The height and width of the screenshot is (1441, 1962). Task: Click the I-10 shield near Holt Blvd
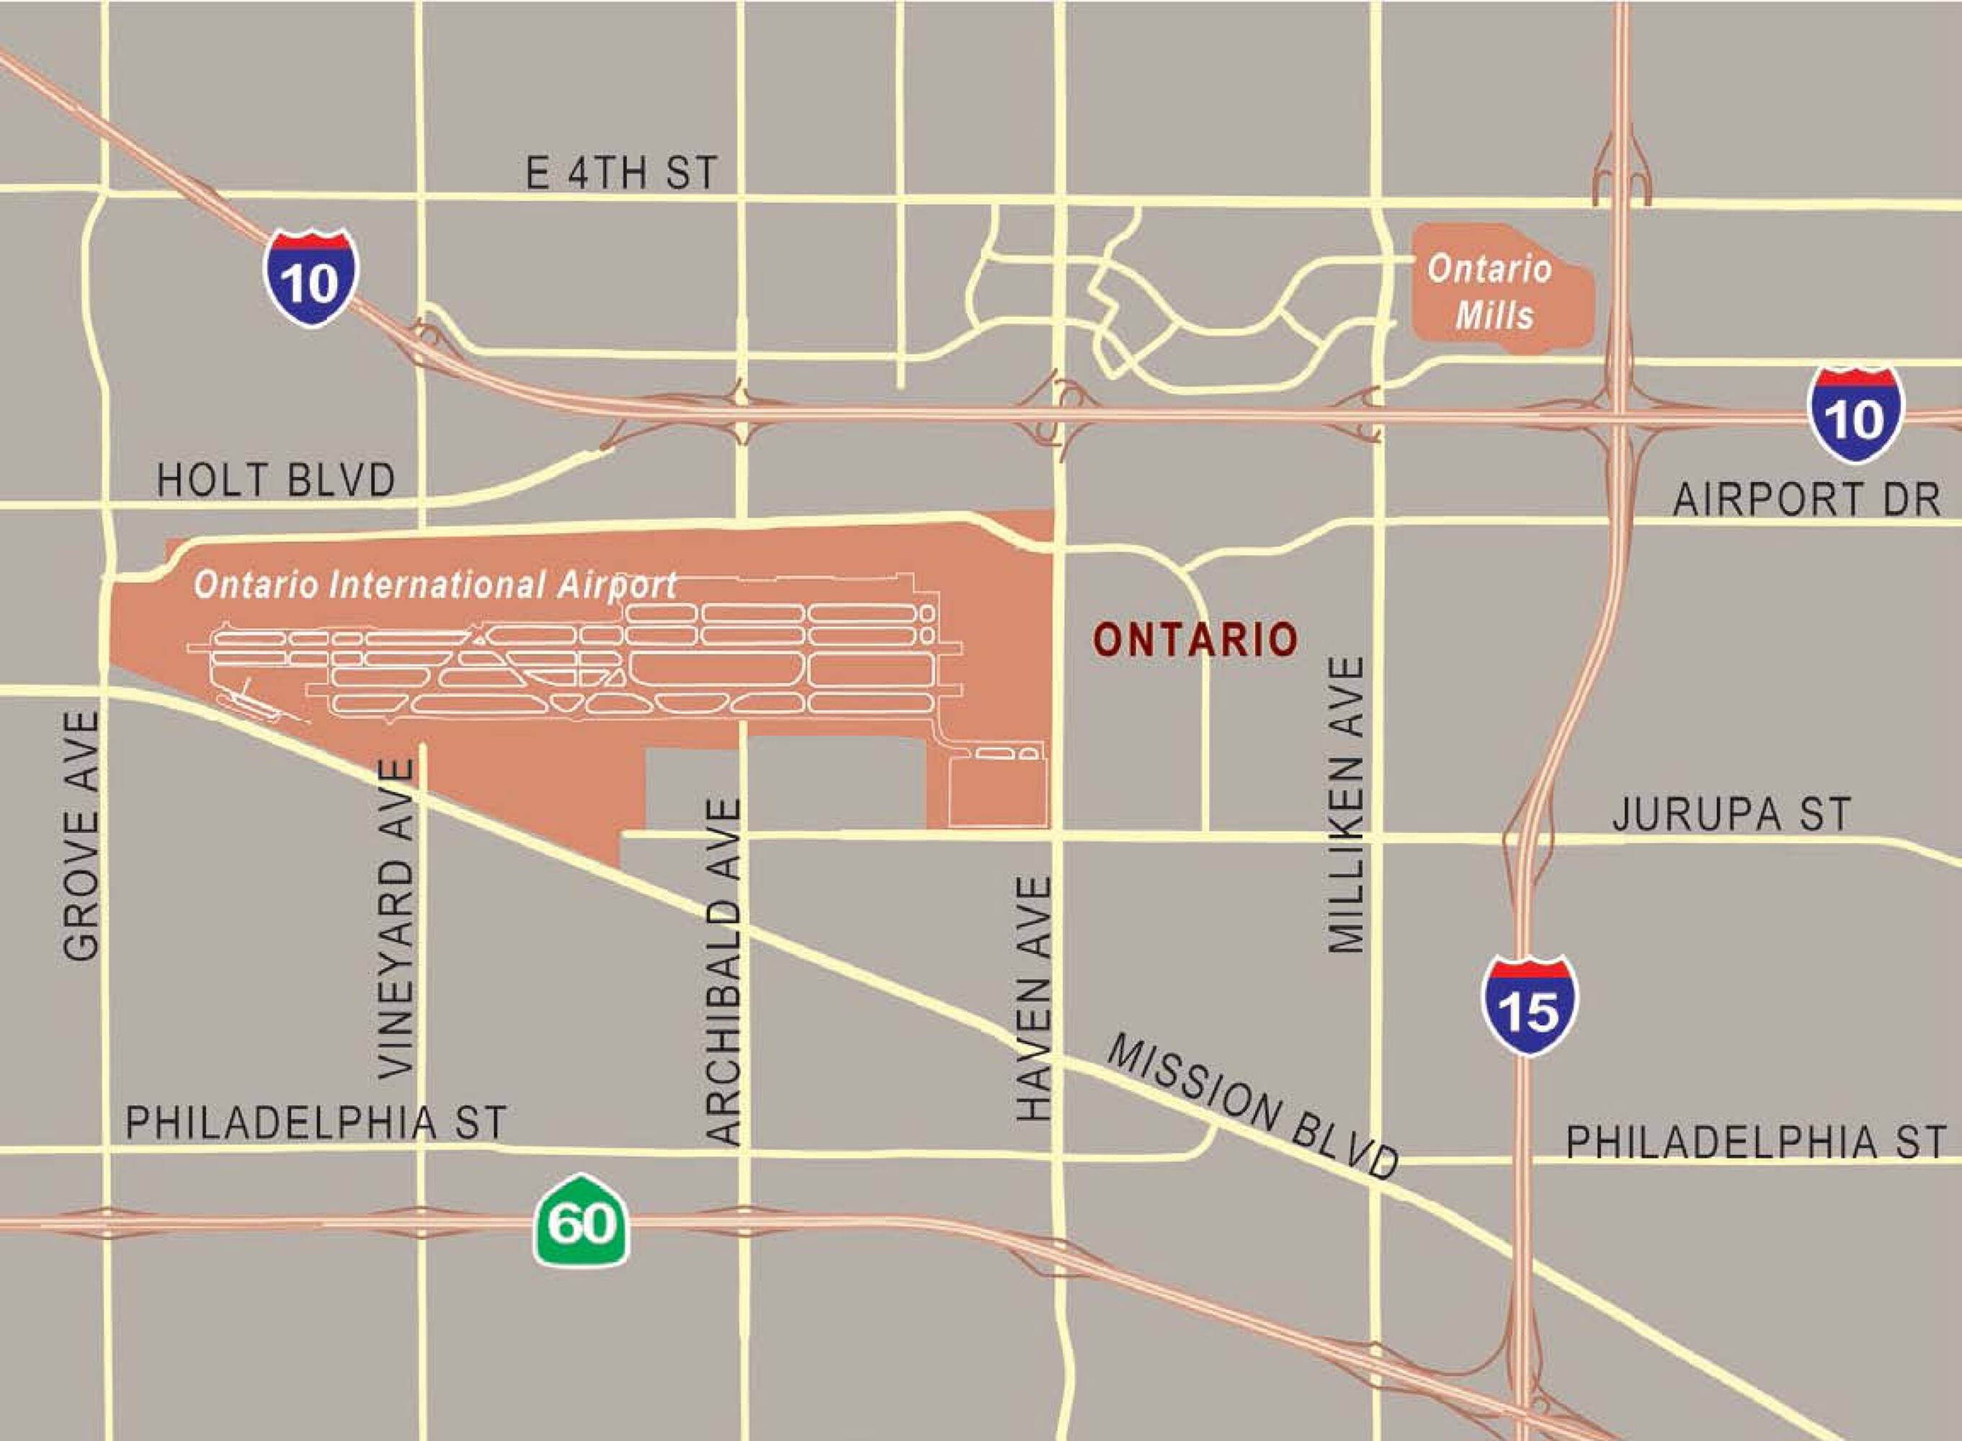click(311, 277)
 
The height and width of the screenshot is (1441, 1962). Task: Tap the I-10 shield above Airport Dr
click(1855, 414)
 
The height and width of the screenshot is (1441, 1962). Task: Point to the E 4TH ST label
click(621, 173)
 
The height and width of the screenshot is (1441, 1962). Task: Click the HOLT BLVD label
click(276, 481)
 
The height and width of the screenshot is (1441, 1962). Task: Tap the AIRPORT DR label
click(1806, 500)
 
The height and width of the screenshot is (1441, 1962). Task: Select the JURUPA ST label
click(1731, 815)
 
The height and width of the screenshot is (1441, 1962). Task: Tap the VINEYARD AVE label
click(397, 919)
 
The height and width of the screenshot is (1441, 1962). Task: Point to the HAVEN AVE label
click(1035, 999)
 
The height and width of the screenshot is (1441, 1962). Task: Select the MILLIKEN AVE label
click(1345, 805)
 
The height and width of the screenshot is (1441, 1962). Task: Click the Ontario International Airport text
click(434, 584)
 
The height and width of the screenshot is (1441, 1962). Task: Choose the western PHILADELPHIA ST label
click(316, 1123)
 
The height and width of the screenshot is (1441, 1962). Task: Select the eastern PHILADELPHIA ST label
click(1755, 1142)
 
